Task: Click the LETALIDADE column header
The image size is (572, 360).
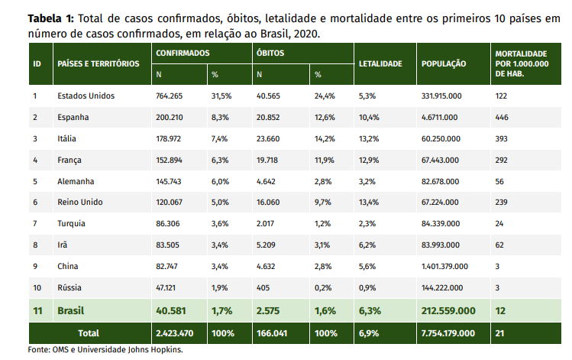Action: (x=380, y=63)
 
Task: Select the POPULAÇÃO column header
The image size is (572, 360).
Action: (x=444, y=63)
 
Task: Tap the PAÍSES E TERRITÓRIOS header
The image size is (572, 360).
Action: (x=99, y=63)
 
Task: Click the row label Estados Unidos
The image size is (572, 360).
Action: (x=86, y=96)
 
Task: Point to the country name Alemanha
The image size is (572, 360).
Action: (x=76, y=181)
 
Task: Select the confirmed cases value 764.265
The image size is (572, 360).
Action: (x=170, y=96)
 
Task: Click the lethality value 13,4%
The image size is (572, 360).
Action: (x=369, y=203)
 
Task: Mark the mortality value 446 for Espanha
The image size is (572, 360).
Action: (x=502, y=118)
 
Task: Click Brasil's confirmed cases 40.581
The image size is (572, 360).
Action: (x=173, y=311)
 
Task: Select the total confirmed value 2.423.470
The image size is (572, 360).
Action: (x=175, y=333)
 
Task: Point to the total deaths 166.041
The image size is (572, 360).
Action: (x=273, y=333)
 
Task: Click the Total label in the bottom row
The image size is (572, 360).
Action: (x=89, y=333)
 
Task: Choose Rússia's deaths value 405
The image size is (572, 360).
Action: (x=264, y=287)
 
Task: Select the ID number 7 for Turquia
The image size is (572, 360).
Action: (x=35, y=223)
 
